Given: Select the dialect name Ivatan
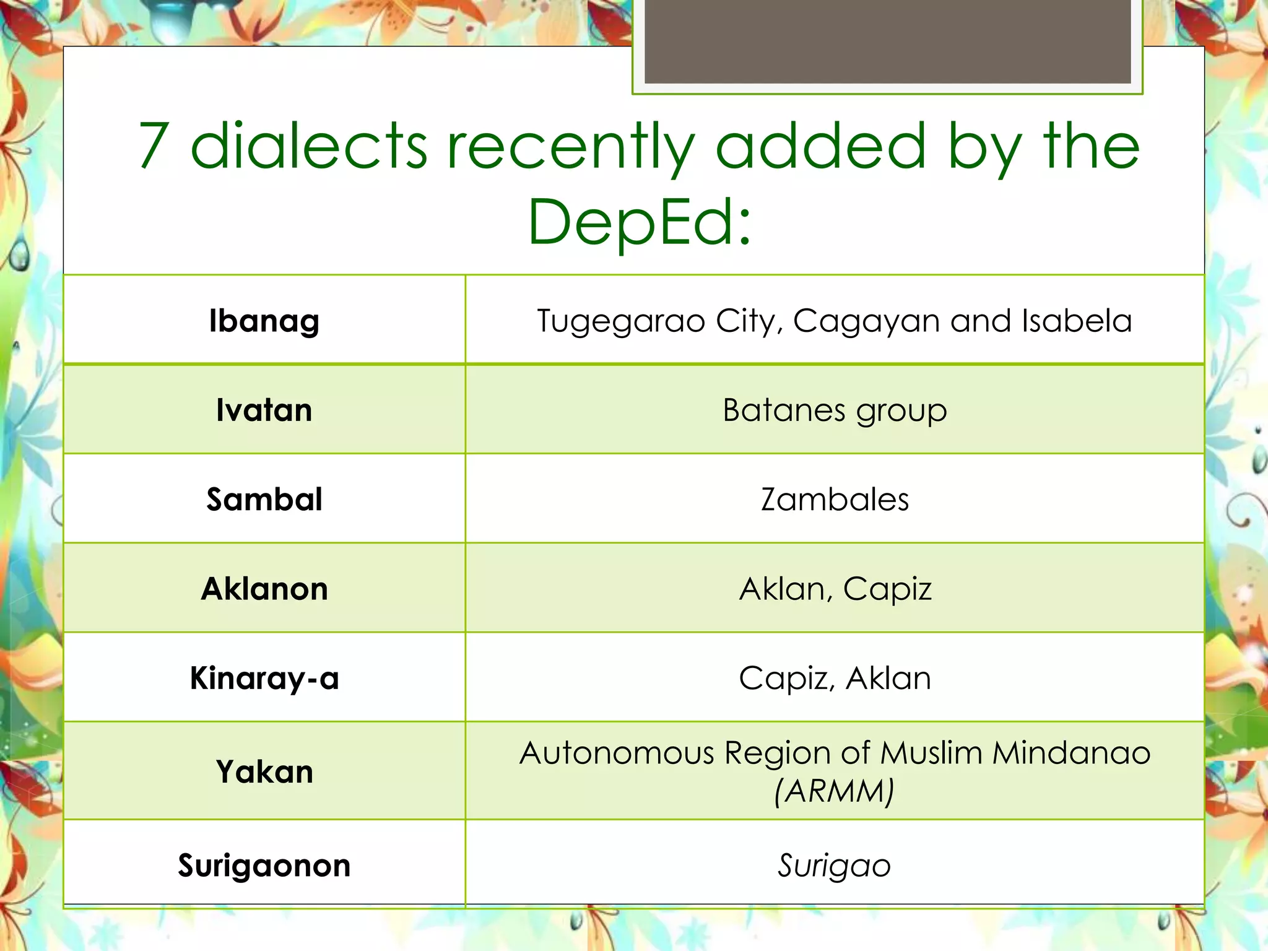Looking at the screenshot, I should [x=264, y=410].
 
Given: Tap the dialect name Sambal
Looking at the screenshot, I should [x=264, y=500].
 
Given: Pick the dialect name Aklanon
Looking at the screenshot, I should [x=264, y=589].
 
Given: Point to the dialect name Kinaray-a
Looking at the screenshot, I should [x=264, y=678].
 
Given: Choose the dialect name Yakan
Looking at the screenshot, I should [x=264, y=772].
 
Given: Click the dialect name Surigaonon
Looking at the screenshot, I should [x=264, y=865].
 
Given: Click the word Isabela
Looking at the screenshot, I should [x=1077, y=321].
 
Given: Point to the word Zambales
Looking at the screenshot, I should [x=835, y=500].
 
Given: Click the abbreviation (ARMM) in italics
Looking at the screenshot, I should [x=835, y=791].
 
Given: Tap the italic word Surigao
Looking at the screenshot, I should [x=835, y=866].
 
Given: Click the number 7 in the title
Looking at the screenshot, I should [x=154, y=146].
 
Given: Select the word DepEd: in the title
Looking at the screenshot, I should [x=640, y=222].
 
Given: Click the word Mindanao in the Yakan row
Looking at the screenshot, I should [x=1071, y=753].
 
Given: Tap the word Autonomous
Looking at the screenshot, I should [x=617, y=753].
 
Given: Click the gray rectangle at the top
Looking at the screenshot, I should [x=887, y=41].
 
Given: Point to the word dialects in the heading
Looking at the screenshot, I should [x=308, y=146].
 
